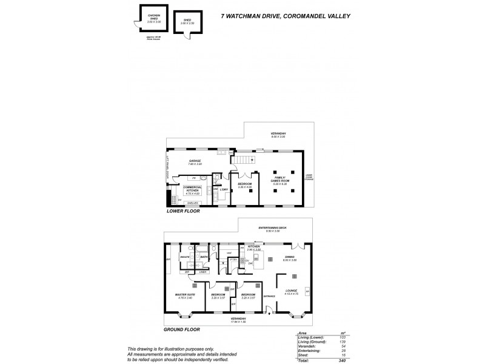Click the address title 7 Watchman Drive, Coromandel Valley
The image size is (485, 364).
(x=296, y=18)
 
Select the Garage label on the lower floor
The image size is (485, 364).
(x=195, y=161)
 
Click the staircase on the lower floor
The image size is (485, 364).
(x=244, y=161)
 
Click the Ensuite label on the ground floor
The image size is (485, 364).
(x=186, y=257)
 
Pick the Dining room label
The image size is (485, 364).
(x=290, y=258)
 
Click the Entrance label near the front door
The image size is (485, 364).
(x=269, y=295)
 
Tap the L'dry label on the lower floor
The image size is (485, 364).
(x=223, y=190)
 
